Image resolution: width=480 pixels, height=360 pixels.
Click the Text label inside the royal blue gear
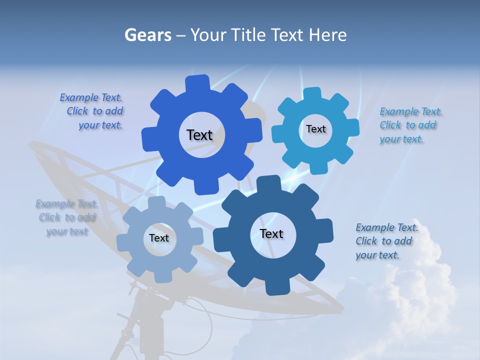(199, 135)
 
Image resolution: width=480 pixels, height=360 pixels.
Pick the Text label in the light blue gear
(315, 129)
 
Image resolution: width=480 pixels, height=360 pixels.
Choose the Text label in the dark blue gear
(271, 233)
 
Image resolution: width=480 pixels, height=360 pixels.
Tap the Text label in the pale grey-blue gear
(159, 238)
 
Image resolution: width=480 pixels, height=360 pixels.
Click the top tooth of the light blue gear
(312, 93)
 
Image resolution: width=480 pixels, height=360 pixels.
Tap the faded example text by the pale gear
(66, 217)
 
